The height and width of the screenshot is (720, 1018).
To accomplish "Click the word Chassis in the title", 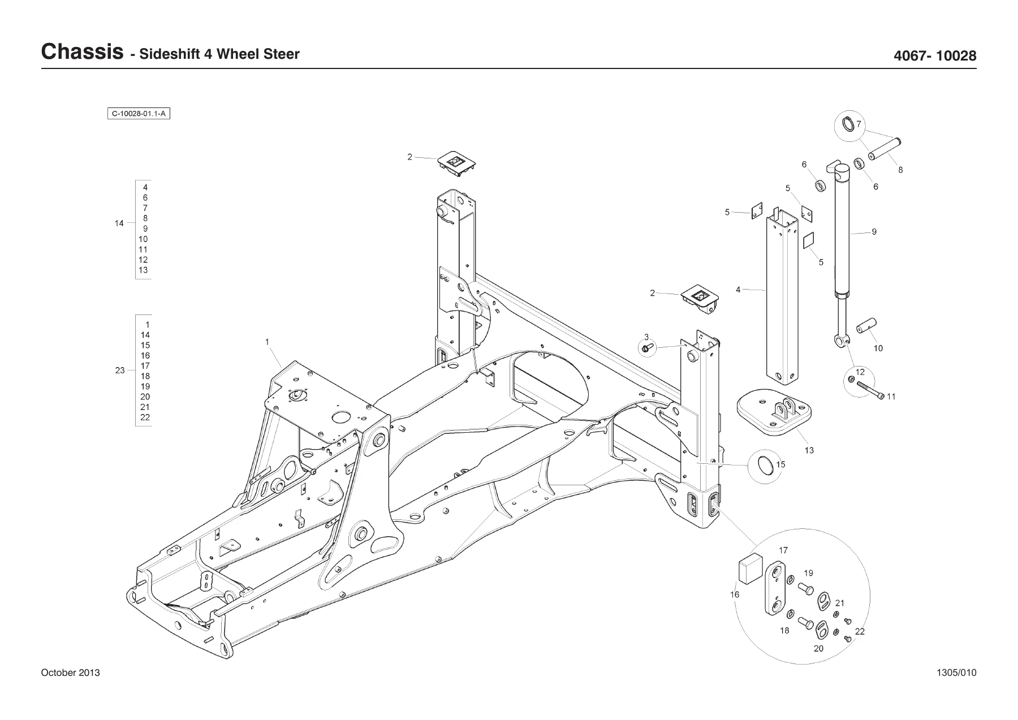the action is [83, 52].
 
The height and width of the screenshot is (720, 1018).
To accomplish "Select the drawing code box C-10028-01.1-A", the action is [139, 114].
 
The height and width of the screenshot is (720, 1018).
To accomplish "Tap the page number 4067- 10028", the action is [935, 56].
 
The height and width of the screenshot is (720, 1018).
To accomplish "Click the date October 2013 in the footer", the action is [71, 672].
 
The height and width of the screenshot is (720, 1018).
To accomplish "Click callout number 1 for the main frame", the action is [267, 342].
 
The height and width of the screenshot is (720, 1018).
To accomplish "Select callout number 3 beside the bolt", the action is [646, 337].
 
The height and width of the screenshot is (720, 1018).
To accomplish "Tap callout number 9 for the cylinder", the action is [874, 231].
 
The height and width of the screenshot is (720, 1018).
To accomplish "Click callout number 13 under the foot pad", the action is [809, 450].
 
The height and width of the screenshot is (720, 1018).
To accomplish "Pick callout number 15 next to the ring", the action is [780, 464].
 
